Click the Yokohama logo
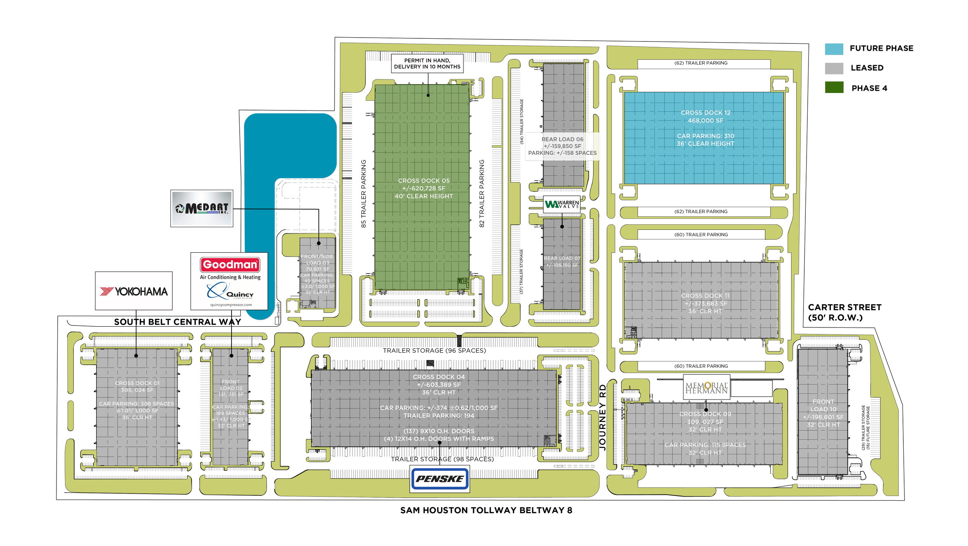[134, 291]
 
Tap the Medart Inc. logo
[202, 208]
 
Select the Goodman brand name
[230, 265]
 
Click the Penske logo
[439, 479]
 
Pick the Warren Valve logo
[562, 204]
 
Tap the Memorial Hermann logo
[707, 387]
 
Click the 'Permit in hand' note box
[427, 64]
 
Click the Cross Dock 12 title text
[705, 113]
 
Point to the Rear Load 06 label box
[562, 146]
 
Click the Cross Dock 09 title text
[705, 414]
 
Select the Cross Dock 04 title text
[439, 377]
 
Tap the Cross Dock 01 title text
[137, 383]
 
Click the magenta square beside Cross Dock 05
[474, 212]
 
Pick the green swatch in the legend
[834, 87]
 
